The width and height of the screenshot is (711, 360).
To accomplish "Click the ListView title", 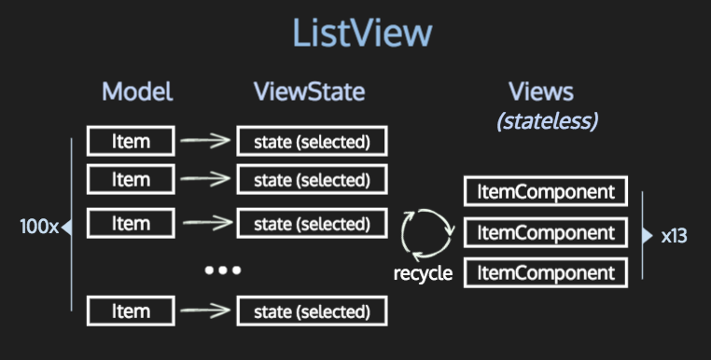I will [362, 33].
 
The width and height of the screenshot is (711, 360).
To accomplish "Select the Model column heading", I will [137, 91].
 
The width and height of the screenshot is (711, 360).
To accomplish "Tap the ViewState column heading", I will [309, 91].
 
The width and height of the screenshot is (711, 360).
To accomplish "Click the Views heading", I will [540, 91].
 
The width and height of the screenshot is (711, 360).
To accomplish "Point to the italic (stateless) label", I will [547, 120].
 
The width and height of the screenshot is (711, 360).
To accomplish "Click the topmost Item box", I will [131, 142].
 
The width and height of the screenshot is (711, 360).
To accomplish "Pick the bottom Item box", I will [131, 311].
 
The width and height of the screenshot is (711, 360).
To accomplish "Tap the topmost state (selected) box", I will [312, 142].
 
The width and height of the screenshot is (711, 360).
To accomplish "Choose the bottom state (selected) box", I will [312, 312].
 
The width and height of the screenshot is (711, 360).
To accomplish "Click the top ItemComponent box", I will [547, 192].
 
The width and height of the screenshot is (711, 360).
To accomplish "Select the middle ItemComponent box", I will [547, 232].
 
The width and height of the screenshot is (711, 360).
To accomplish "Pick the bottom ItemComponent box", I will [547, 272].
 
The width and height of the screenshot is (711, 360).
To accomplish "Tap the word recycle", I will [423, 273].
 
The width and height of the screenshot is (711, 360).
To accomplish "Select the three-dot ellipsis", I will [223, 270].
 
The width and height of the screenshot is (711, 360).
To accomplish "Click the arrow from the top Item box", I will [205, 142].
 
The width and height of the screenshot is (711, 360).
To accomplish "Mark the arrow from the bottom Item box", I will [205, 312].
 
